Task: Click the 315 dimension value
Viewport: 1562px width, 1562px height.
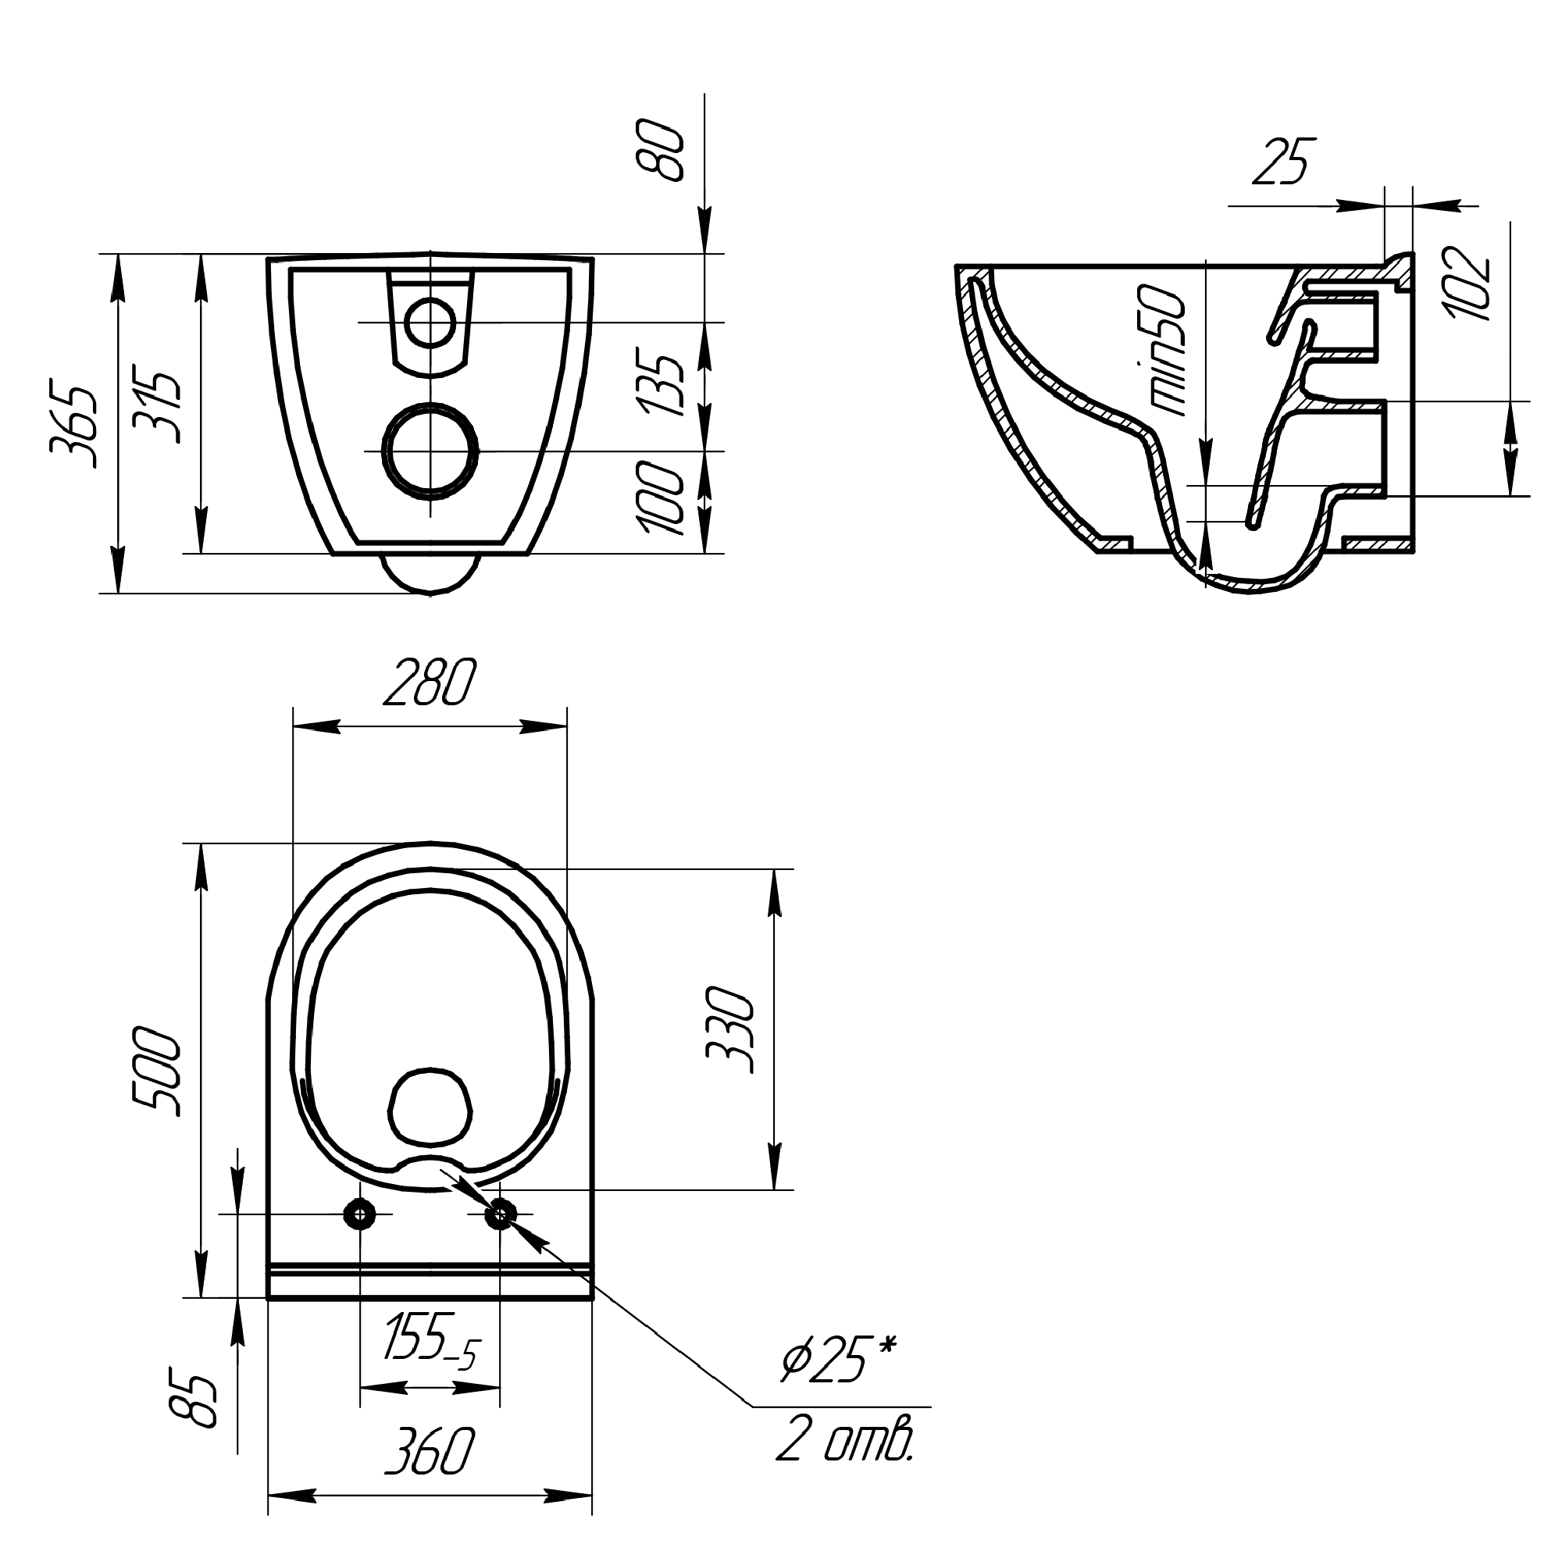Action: [156, 407]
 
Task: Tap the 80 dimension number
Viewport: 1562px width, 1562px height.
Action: [661, 150]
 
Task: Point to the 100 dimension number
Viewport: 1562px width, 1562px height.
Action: [662, 498]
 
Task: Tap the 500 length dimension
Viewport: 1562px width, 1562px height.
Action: [156, 1072]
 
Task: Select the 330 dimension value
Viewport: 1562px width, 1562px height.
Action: [730, 1029]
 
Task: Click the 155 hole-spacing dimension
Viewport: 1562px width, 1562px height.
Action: [433, 1350]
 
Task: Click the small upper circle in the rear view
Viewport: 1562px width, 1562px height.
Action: [430, 323]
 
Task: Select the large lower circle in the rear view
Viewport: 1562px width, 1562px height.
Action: [430, 451]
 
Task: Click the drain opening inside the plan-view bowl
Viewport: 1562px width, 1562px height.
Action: [430, 1107]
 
